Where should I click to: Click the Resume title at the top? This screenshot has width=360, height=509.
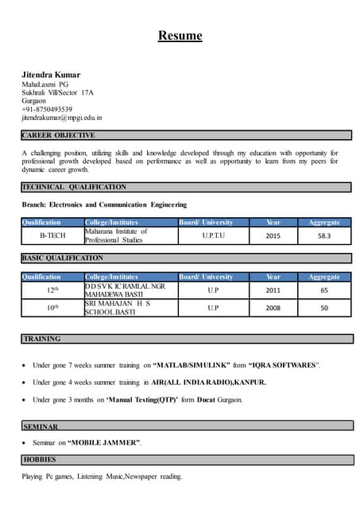tap(180, 36)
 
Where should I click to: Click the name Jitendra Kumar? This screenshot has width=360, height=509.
tap(51, 74)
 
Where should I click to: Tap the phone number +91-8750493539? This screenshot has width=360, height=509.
tap(47, 110)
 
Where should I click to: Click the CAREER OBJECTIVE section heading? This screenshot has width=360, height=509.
tap(59, 136)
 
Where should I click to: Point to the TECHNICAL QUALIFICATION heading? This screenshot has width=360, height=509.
tap(74, 188)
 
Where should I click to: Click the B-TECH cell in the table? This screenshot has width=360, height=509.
tap(52, 235)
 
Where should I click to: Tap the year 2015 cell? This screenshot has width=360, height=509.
tap(273, 235)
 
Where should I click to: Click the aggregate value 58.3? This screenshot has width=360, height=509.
tap(324, 235)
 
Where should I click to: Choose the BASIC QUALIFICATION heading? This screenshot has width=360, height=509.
tap(63, 258)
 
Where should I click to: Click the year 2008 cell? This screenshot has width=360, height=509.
tap(273, 308)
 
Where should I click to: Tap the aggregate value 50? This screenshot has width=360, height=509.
tap(324, 308)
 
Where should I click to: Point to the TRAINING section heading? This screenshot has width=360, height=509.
tap(42, 339)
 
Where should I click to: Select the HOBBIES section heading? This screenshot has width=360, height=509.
tap(40, 460)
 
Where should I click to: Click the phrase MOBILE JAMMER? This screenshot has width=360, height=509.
tap(106, 442)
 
